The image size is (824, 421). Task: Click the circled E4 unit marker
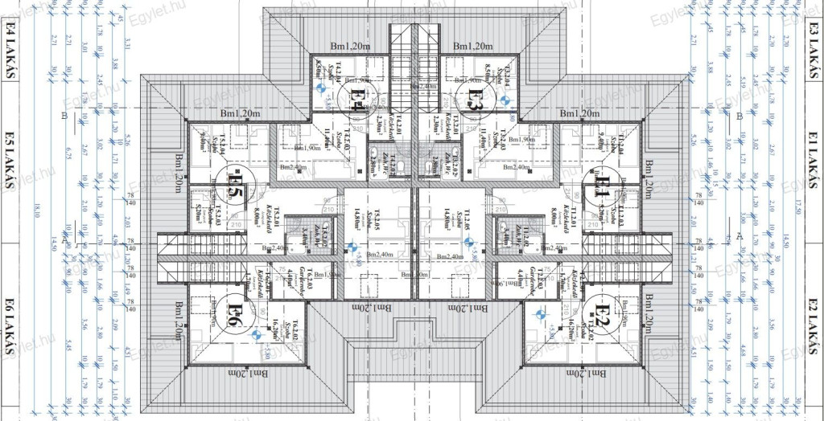click(x=357, y=100)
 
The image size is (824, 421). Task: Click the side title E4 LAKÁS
click(x=10, y=51)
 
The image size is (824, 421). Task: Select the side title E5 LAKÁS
click(x=10, y=160)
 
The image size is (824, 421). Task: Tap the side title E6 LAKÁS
click(x=10, y=321)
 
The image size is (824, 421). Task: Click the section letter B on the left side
click(x=63, y=116)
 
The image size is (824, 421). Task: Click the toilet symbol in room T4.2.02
click(x=375, y=156)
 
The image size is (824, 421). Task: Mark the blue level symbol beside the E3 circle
click(x=505, y=100)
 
